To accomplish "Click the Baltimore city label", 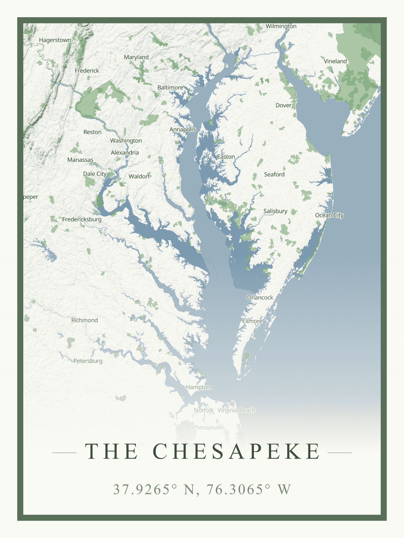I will pyautogui.click(x=170, y=87).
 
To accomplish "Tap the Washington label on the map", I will pyautogui.click(x=126, y=141).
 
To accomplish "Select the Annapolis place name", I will pyautogui.click(x=182, y=129).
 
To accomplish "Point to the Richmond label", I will pyautogui.click(x=85, y=320).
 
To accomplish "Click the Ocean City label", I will pyautogui.click(x=329, y=215).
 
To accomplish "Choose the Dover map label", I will pyautogui.click(x=283, y=105).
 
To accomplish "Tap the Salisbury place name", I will pyautogui.click(x=275, y=211).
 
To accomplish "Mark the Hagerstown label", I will pyautogui.click(x=55, y=40).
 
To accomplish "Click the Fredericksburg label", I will pyautogui.click(x=82, y=219).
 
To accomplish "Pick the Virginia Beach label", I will pyautogui.click(x=236, y=410).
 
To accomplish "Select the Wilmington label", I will pyautogui.click(x=281, y=26).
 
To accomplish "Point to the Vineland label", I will pyautogui.click(x=335, y=61).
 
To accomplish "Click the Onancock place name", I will pyautogui.click(x=260, y=298).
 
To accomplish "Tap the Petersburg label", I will pyautogui.click(x=88, y=361).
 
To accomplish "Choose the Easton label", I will pyautogui.click(x=226, y=157).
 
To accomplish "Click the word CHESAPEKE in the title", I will pyautogui.click(x=237, y=451).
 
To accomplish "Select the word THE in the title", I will pyautogui.click(x=111, y=451).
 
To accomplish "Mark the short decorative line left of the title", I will pyautogui.click(x=64, y=453).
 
